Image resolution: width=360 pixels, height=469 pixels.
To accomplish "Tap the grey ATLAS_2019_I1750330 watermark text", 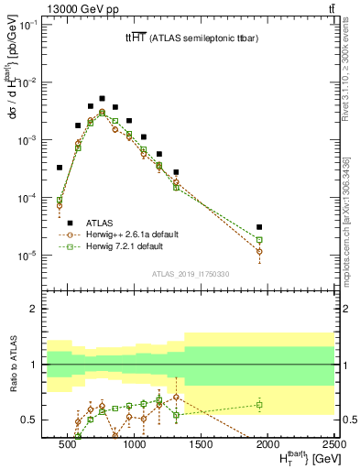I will click(191, 273).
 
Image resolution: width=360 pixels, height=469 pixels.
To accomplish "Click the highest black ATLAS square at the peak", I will click(102, 98).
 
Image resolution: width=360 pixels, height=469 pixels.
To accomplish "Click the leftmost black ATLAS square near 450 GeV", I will click(60, 168).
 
